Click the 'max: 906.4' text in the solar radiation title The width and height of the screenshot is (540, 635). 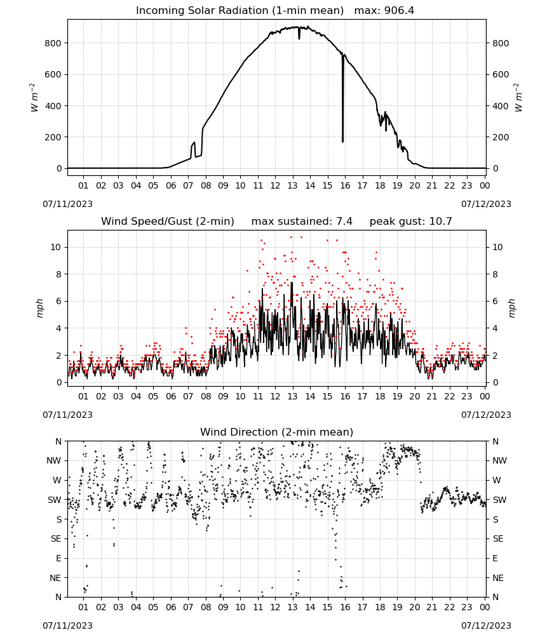(384, 11)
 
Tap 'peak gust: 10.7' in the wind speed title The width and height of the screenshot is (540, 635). (410, 221)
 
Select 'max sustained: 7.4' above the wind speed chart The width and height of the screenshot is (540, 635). (302, 221)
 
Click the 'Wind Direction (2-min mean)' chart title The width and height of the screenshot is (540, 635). (277, 432)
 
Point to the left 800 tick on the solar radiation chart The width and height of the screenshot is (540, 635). (53, 43)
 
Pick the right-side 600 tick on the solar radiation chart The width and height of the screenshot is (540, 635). (501, 74)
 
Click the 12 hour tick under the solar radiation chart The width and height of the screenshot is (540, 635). (275, 185)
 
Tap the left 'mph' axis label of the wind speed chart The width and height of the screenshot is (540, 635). (39, 308)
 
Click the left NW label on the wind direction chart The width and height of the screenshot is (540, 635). (54, 461)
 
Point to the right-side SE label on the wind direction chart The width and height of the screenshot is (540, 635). (498, 539)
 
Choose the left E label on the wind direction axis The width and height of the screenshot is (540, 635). (58, 558)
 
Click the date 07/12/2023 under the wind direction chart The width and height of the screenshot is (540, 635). (486, 625)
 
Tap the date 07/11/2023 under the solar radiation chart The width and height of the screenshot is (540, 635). (67, 204)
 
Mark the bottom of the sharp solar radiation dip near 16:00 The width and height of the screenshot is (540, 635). (342, 142)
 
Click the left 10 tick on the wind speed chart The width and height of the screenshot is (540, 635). (56, 248)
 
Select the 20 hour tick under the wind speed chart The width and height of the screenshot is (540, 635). (414, 396)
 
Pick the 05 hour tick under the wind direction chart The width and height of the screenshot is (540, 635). (153, 607)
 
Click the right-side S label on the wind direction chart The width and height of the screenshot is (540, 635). (496, 519)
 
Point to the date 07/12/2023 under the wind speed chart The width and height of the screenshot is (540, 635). (486, 415)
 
